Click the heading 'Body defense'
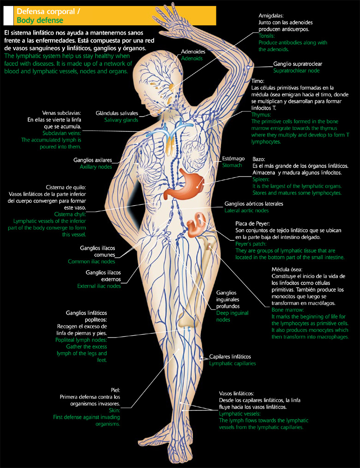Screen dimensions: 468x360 pos(40,20)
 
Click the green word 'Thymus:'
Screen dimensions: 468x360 pos(261,114)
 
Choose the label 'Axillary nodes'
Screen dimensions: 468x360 pos(96,166)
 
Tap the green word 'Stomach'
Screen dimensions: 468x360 pos(232,165)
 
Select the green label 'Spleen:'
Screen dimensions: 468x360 pos(261,179)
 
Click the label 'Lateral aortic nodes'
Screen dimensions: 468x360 pos(246,210)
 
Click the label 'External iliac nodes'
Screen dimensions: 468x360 pos(99,286)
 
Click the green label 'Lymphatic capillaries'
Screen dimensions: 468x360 pos(233,363)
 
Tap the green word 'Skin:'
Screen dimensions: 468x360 pos(114,410)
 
